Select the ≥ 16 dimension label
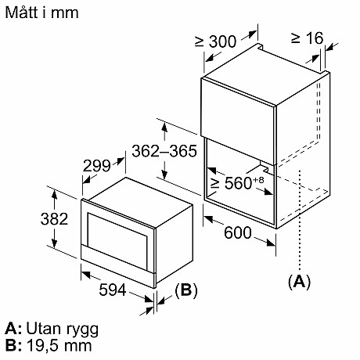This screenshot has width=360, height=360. click(x=306, y=38)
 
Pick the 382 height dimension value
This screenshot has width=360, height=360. click(x=27, y=220)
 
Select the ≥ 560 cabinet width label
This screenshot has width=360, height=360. click(x=234, y=184)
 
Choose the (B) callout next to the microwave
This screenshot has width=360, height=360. click(x=185, y=290)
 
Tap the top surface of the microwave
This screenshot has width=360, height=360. click(x=136, y=192)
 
